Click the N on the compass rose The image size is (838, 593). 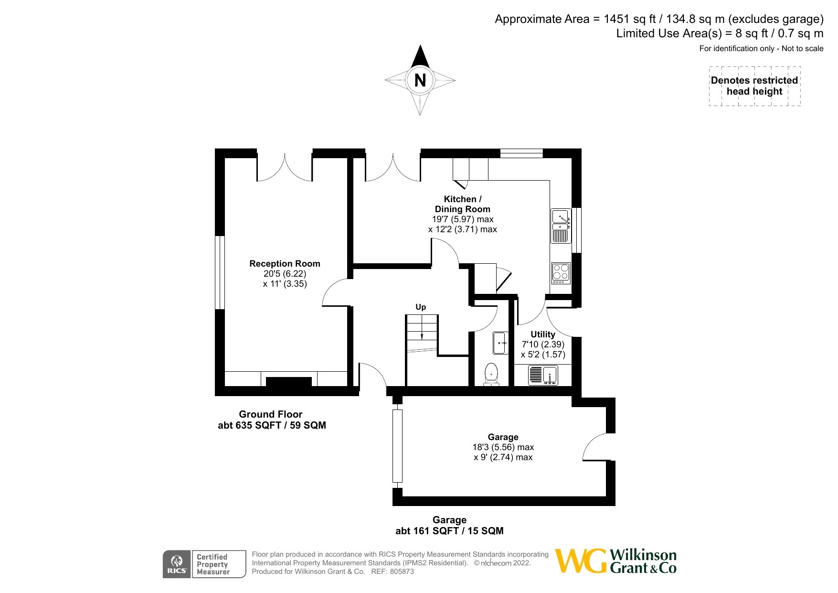pos(420,80)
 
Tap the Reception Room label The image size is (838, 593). pos(285,264)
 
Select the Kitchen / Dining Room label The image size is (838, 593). pos(463,204)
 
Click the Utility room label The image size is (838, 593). pos(543,334)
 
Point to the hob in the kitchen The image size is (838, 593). pos(561,273)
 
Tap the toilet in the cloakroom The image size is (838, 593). pos(491,374)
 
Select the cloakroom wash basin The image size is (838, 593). pos(501,343)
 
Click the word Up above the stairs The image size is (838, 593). pos(421,307)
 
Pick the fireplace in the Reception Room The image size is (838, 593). pos(288,381)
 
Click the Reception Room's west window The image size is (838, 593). pos(220,272)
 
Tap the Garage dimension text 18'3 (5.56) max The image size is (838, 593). pos(503,447)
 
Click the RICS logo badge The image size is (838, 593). pos(177,564)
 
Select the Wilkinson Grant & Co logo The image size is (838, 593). pos(616,561)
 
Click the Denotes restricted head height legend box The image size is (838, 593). pos(754,86)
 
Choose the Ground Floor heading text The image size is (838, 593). pos(271,414)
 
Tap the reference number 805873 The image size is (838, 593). pos(402,571)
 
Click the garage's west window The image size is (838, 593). pos(397,446)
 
